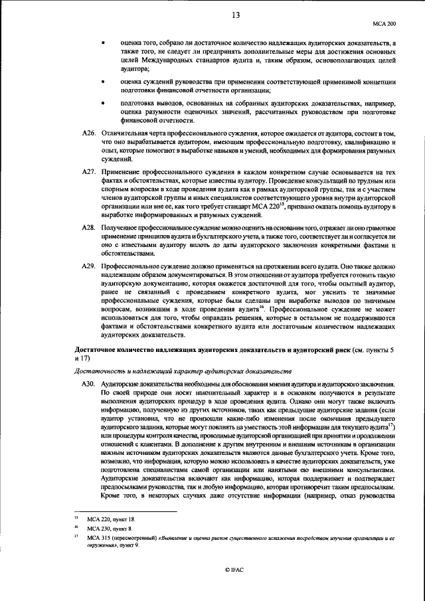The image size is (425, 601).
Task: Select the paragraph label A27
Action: [88, 171]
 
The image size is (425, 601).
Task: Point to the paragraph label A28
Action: [88, 228]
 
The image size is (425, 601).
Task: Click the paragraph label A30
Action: [88, 385]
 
